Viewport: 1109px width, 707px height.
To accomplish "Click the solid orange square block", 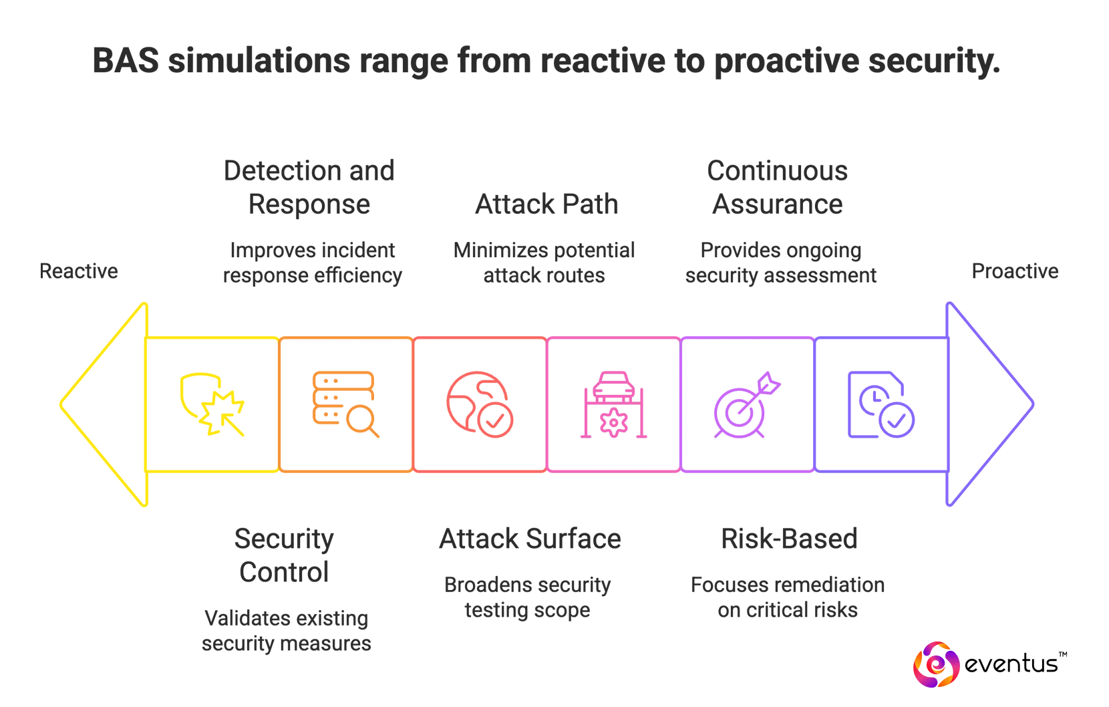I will [x=342, y=403].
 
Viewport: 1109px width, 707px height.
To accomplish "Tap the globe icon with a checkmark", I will [x=479, y=404].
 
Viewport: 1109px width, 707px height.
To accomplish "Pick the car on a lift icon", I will [x=614, y=405].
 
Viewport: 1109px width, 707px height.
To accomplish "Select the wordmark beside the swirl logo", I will [x=1015, y=664].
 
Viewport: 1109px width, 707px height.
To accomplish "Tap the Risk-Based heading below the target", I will [x=791, y=539].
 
